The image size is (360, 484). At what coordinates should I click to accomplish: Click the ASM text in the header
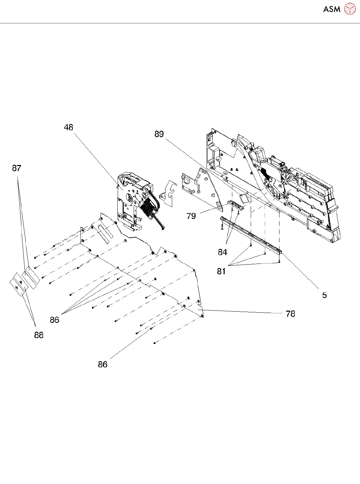tap(332, 9)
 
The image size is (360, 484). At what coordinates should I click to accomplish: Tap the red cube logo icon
tap(350, 9)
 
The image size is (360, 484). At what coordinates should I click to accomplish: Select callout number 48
tap(69, 127)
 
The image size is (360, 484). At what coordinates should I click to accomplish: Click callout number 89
tap(159, 134)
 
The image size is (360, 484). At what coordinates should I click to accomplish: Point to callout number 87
tap(17, 168)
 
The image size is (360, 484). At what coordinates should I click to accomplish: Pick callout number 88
tap(39, 335)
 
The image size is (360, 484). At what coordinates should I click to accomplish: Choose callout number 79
tap(191, 216)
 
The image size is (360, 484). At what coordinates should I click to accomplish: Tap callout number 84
tap(223, 252)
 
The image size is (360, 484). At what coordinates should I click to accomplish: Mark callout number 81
tap(221, 271)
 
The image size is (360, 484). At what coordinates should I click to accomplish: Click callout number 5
tap(324, 295)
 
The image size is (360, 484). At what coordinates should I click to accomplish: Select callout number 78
tap(290, 314)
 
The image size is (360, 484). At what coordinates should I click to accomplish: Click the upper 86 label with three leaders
tap(54, 320)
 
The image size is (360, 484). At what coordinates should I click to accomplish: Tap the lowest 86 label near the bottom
tap(103, 364)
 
